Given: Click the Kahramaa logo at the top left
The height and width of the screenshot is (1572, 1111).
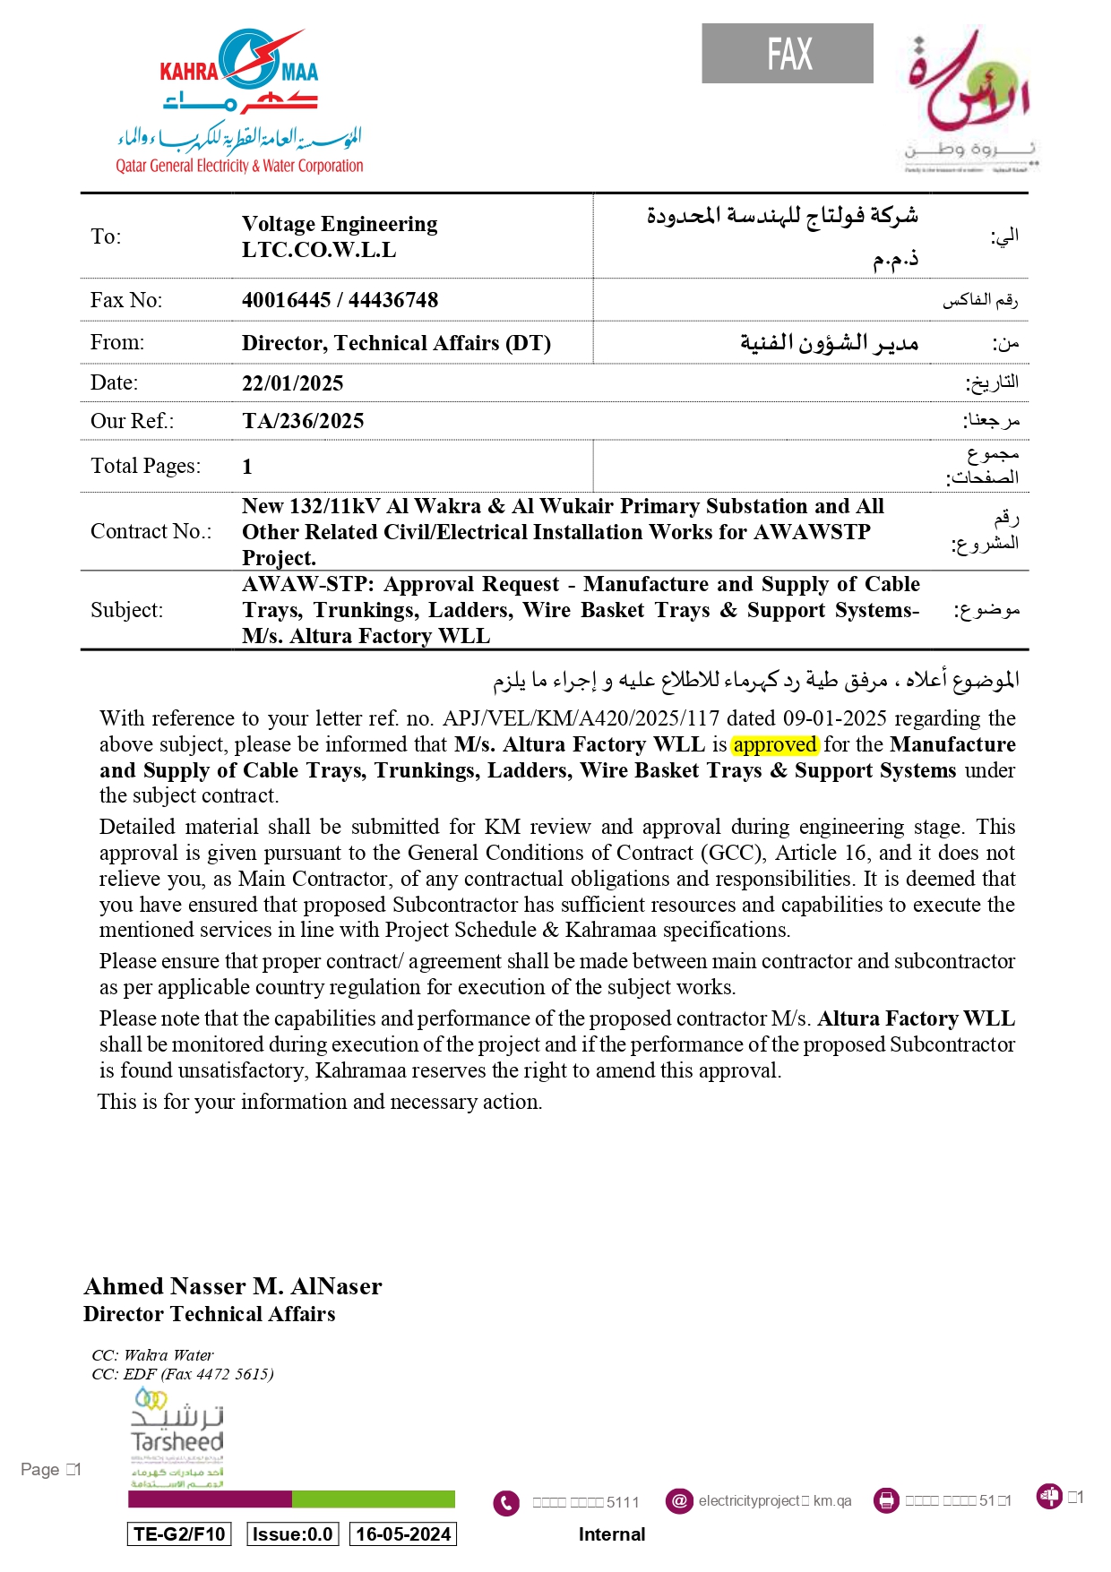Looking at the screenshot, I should [x=239, y=100].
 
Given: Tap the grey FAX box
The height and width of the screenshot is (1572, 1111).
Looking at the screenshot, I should [x=787, y=54].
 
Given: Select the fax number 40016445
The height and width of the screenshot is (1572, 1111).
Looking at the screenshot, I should [x=286, y=300].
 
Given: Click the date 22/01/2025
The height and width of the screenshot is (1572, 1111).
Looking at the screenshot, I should [x=292, y=383].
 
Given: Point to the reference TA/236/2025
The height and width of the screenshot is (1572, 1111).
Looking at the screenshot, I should [x=303, y=421].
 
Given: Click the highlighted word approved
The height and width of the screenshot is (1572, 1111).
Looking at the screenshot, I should [x=774, y=744].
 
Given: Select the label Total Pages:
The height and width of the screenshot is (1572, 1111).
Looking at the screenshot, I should [x=146, y=466].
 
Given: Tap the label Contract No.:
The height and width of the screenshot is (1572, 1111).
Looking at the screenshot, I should [x=151, y=531].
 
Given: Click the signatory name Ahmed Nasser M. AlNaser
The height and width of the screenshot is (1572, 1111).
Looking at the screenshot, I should [x=233, y=1286].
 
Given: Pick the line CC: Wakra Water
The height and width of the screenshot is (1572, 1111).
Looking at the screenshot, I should [x=152, y=1354].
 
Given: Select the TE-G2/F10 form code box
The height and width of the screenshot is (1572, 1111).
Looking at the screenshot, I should [x=179, y=1534].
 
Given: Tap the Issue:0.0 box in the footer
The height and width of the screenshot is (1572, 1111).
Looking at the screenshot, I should [x=293, y=1534].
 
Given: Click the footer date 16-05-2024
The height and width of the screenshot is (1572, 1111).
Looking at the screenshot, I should [x=403, y=1534].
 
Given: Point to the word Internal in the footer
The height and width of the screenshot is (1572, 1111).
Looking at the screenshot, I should [x=612, y=1534].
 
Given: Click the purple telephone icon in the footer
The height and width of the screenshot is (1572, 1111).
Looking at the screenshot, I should [x=506, y=1502].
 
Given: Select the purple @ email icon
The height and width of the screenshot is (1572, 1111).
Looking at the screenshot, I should [x=679, y=1500].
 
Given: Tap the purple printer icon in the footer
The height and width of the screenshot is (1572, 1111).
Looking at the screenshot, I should [x=886, y=1500].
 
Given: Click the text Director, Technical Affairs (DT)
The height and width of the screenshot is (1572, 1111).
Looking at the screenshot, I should [x=396, y=343].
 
